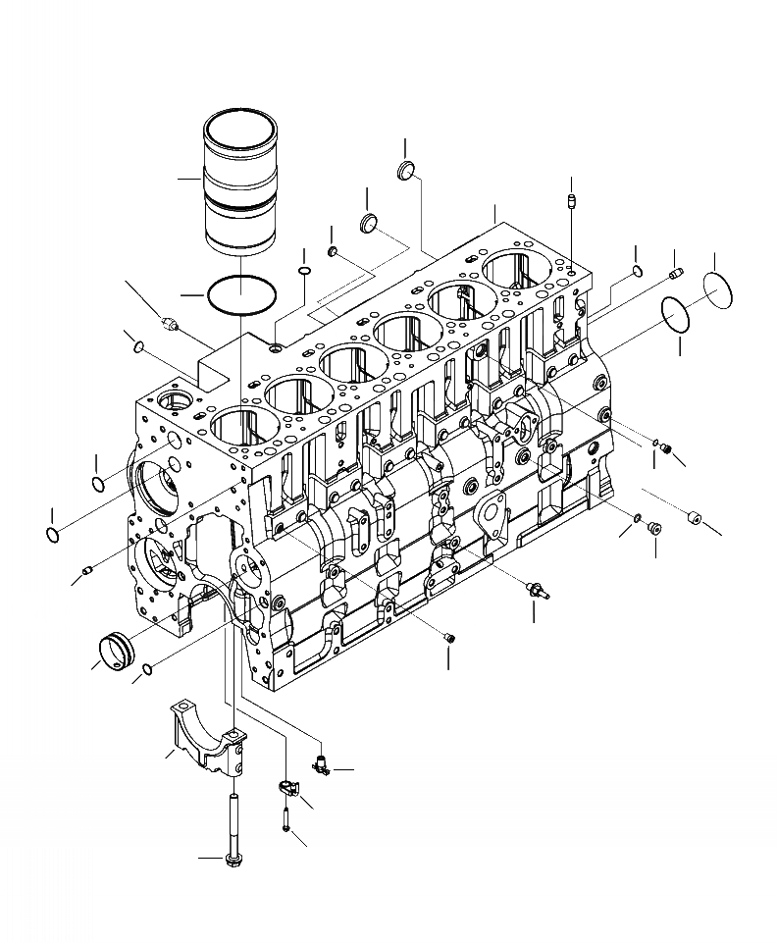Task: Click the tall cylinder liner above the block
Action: click(239, 191)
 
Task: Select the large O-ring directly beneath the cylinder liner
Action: click(240, 294)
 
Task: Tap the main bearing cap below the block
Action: click(207, 736)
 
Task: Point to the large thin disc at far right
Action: click(724, 291)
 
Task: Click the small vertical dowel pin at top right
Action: click(570, 203)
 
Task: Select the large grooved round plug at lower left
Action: click(117, 653)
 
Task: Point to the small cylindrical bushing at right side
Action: click(695, 516)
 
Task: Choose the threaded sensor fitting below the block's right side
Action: click(535, 589)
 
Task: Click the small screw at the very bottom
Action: click(284, 817)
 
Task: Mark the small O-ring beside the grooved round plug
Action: click(146, 670)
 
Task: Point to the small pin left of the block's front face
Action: click(88, 568)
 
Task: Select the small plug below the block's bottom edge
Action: click(450, 639)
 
